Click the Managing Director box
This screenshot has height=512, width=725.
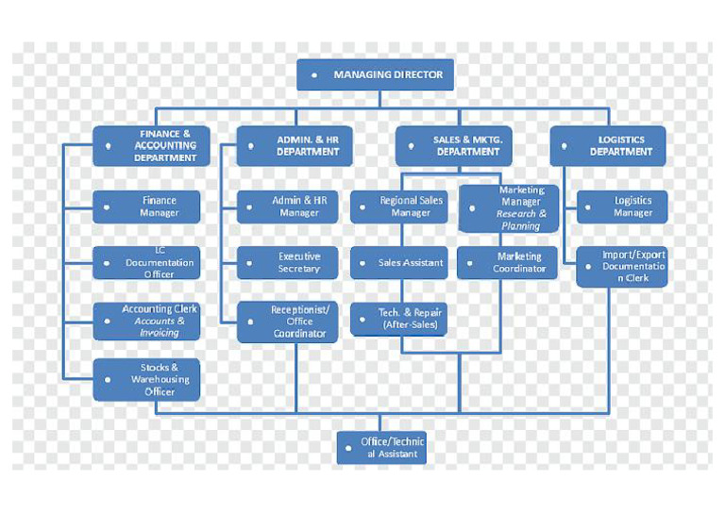pyautogui.click(x=375, y=74)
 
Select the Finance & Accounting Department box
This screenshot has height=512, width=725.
pyautogui.click(x=151, y=146)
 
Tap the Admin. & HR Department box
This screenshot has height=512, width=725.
pyautogui.click(x=295, y=146)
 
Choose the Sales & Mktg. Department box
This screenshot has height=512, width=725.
pyautogui.click(x=453, y=146)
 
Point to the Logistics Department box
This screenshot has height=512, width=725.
pyautogui.click(x=608, y=146)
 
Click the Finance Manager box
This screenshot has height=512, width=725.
pyautogui.click(x=146, y=206)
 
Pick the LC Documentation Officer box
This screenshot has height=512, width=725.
pyautogui.click(x=146, y=263)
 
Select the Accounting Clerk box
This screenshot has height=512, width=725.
pyautogui.click(x=146, y=322)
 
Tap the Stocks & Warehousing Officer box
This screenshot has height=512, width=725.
pyautogui.click(x=146, y=379)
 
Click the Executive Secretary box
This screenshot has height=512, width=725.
pyautogui.click(x=287, y=263)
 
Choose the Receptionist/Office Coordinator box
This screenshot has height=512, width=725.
pyautogui.click(x=287, y=322)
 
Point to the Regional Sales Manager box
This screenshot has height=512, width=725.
pyautogui.click(x=399, y=206)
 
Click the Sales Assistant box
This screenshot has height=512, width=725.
pyautogui.click(x=399, y=263)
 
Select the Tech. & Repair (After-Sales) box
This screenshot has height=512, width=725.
pyautogui.click(x=398, y=319)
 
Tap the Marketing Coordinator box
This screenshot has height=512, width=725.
pyautogui.click(x=507, y=263)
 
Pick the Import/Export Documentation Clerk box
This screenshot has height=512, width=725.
pyautogui.click(x=622, y=267)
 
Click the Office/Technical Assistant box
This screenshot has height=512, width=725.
pyautogui.click(x=381, y=448)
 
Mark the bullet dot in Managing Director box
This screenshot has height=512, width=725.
pyautogui.click(x=314, y=74)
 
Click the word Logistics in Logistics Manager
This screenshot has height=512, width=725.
pyautogui.click(x=633, y=201)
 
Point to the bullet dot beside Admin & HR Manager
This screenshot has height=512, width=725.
pyautogui.click(x=249, y=207)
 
